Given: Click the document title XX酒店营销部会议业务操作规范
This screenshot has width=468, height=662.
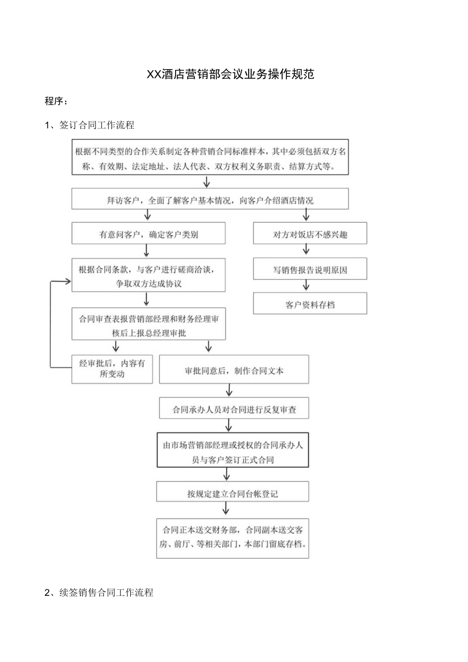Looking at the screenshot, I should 230,74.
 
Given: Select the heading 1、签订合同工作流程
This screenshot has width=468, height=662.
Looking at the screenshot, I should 90,125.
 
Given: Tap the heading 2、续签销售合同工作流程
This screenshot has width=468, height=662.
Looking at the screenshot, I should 99,593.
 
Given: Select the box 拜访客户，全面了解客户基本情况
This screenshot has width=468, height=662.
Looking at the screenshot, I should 210,200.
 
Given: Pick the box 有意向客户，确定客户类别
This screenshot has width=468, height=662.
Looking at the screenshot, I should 148,235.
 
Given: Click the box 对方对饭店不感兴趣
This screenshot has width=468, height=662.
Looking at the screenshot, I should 310,235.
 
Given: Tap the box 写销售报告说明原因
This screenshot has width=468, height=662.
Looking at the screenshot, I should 310,270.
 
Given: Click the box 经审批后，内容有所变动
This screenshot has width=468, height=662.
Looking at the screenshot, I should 112,369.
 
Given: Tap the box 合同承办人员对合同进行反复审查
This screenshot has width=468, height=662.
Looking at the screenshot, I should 234,409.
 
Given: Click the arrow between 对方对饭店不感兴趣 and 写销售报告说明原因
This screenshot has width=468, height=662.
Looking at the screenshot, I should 306,249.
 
